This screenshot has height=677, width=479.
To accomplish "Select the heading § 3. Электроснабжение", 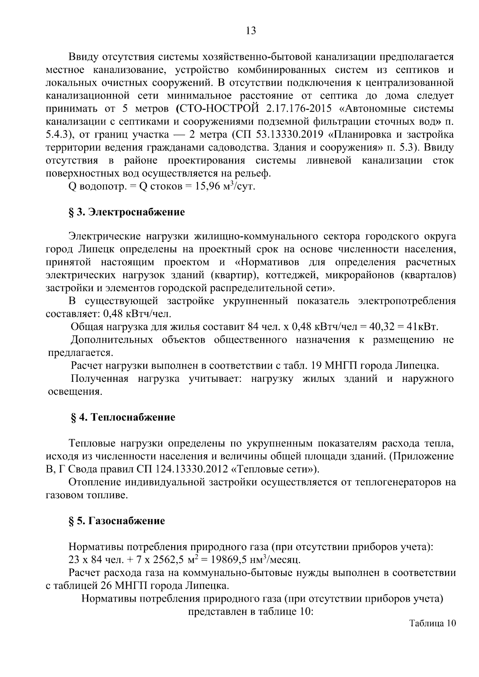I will pos(127,212).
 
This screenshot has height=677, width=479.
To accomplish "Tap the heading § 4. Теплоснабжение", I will pos(123,418).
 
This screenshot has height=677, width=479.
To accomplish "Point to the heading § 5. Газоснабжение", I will pos(117,521).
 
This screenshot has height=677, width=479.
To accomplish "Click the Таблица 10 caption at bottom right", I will pos(432,624).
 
